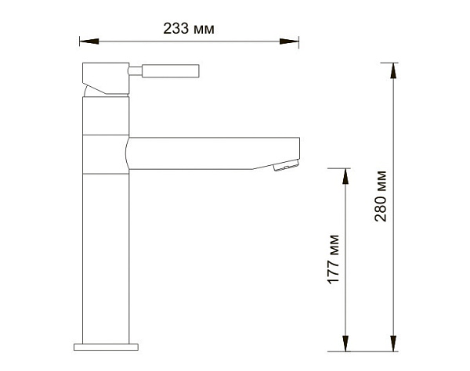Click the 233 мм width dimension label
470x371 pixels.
coord(189,29)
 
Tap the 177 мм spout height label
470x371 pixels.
coord(334,259)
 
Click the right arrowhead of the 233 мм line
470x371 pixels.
coord(295,40)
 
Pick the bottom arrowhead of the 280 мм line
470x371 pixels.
coord(392,342)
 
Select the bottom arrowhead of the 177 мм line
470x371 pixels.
coord(345,342)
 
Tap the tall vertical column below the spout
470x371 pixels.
coord(104,250)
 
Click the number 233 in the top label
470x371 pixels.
coord(175,29)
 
